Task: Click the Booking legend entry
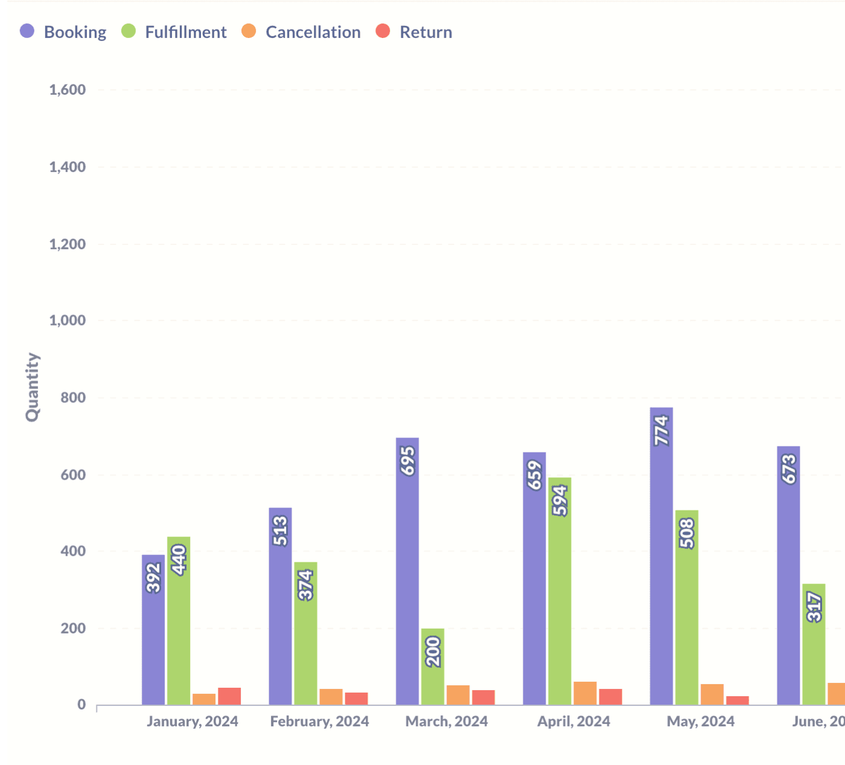[63, 32]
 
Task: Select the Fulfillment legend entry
[174, 32]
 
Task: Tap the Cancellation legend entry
[301, 32]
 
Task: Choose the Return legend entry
[414, 32]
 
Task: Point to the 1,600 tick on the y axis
[68, 90]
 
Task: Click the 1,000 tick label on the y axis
[68, 320]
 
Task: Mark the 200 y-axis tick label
[73, 628]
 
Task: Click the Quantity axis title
[33, 387]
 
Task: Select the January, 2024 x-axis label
[193, 722]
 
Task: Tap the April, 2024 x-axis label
[574, 722]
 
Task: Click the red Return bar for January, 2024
[229, 696]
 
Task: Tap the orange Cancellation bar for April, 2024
[585, 693]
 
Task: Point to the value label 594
[560, 501]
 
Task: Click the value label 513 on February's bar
[281, 531]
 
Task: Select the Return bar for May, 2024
[738, 700]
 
